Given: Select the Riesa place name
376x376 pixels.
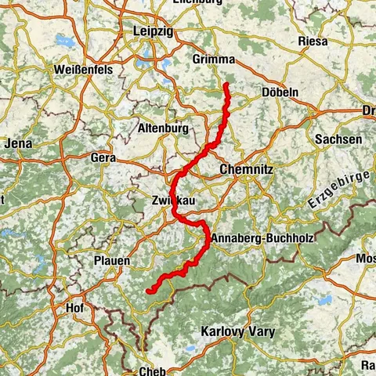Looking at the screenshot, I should coord(313,40).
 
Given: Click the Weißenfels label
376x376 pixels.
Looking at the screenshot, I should coord(84,70).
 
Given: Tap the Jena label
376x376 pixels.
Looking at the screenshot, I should coord(17,143).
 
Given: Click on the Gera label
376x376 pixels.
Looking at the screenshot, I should coord(103,157).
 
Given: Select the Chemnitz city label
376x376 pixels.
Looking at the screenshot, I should coord(246,168).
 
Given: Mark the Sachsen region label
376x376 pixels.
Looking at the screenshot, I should coord(338,139).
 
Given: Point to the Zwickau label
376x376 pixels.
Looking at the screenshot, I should coord(173,202).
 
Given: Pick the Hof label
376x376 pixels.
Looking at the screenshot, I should coord(75,308).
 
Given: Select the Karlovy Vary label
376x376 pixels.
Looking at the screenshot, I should coord(238,332).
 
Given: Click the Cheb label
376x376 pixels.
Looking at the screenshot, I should coord(152,371).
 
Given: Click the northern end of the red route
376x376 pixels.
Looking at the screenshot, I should coord(226,84).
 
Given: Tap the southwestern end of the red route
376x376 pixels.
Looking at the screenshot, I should coord(147,291).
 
